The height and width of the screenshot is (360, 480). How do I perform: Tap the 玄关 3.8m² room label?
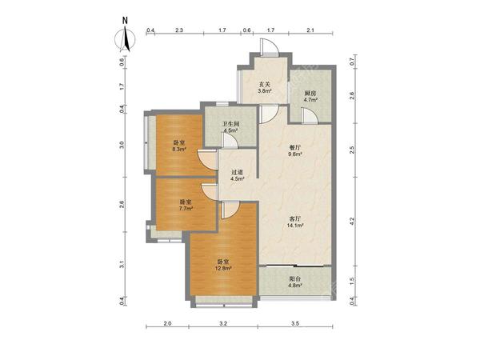(265, 87)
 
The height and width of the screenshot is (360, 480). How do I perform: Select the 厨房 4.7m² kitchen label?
(310, 96)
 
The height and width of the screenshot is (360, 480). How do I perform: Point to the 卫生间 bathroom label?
(230, 127)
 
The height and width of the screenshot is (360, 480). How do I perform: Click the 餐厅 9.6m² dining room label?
(295, 150)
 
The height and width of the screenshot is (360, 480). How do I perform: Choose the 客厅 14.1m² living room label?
(295, 222)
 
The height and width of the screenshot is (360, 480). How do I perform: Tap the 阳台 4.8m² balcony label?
(295, 282)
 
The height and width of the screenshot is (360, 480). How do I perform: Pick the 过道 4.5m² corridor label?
(238, 175)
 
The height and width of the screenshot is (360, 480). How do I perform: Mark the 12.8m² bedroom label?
(223, 265)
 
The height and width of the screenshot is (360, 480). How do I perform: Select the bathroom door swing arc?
(230, 141)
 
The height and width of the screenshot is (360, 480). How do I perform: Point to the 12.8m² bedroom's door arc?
(230, 210)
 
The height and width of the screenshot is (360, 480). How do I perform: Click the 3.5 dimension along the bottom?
(295, 323)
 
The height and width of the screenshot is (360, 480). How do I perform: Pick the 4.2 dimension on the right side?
(352, 221)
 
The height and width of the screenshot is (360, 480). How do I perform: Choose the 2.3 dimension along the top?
(179, 30)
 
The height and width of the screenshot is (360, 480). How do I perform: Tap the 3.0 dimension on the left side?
(122, 145)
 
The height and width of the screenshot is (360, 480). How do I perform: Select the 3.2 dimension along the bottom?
(223, 323)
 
